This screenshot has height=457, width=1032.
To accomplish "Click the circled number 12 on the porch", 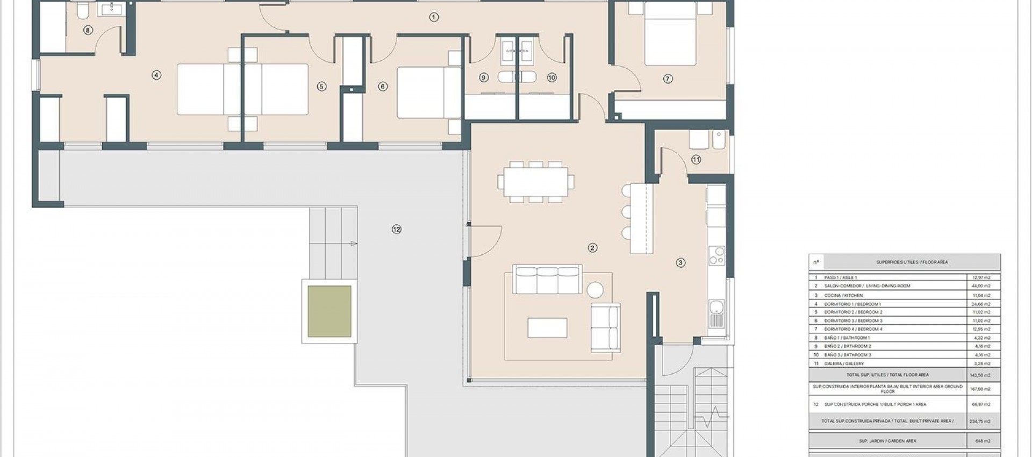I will click(x=397, y=230).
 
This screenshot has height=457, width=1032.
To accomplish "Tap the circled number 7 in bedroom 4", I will click(x=668, y=79).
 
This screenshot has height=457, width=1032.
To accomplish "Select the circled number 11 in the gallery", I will click(x=696, y=160).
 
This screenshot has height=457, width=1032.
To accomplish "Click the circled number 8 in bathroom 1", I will click(x=88, y=31).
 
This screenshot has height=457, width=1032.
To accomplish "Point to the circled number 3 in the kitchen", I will click(x=680, y=263).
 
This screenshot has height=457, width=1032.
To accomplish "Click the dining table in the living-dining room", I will click(x=535, y=182).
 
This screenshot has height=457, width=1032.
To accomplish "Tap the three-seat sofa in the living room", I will click(x=547, y=279).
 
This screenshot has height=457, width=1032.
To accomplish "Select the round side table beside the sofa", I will click(x=595, y=290).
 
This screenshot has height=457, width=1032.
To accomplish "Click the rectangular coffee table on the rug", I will click(x=547, y=328).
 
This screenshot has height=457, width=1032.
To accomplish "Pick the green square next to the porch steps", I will click(x=329, y=311).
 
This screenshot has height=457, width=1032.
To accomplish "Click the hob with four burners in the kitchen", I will click(x=717, y=256).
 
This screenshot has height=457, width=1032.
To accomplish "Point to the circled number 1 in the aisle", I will click(x=434, y=17).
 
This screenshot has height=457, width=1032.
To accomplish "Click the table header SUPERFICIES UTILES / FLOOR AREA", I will click(x=904, y=262).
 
